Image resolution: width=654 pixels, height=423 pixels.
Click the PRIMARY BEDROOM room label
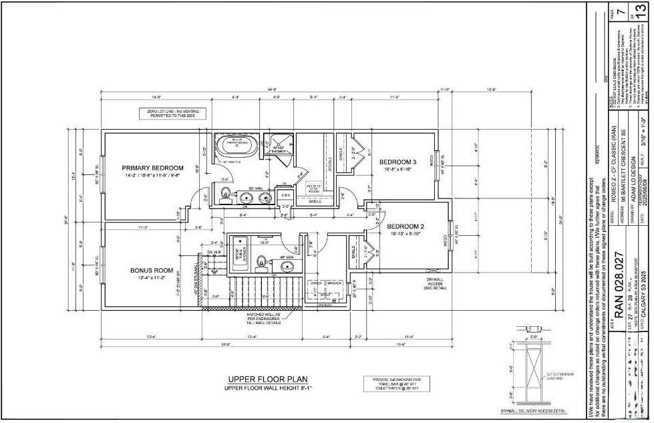coord(152,168)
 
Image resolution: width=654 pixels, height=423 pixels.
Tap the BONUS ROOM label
coord(152,271)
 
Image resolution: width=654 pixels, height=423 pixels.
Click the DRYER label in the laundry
coord(316,283)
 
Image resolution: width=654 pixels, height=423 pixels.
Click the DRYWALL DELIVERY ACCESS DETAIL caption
coord(533,411)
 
